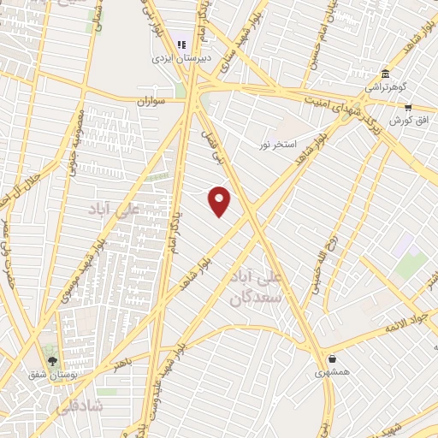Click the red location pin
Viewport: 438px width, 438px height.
pos(220,200)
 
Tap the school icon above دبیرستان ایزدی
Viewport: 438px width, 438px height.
pos(181,44)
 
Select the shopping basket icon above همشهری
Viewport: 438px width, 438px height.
pos(330,358)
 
